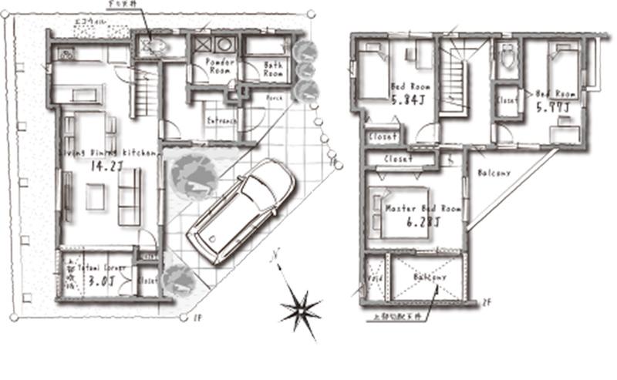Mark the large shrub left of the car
[x=191, y=176]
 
